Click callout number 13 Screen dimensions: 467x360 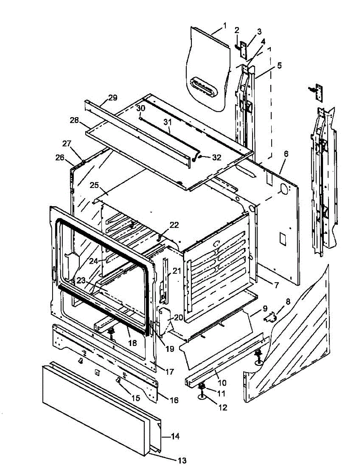[182, 460]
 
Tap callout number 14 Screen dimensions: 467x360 [175, 437]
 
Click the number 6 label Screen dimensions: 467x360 [286, 154]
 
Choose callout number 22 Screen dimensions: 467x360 [174, 225]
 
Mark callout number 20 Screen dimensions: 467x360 [178, 317]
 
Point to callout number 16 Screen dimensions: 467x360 [174, 400]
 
